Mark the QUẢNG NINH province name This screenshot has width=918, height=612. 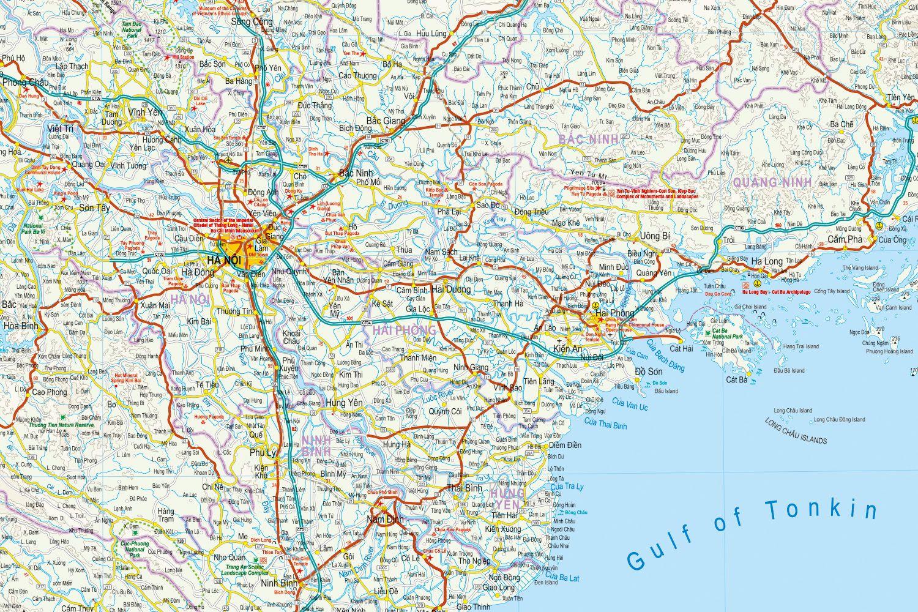[772, 182]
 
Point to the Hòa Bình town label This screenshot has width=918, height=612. [21, 326]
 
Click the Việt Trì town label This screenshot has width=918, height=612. [60, 129]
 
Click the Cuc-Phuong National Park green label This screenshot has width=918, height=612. [132, 548]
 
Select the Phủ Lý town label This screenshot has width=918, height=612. [264, 453]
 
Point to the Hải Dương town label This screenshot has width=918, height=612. [451, 289]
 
